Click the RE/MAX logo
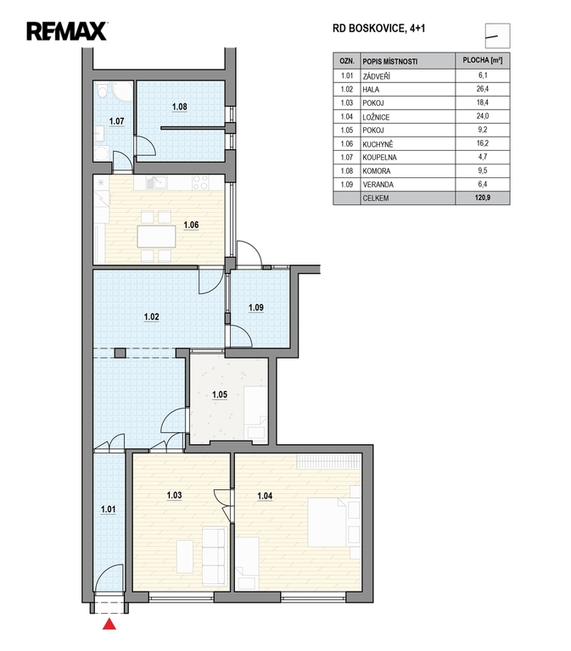coord(67,31)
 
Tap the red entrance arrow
coord(109,624)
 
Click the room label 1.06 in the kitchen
coord(191,225)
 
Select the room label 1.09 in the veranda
coord(256,308)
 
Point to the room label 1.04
coord(265,496)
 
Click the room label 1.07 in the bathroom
coord(117,121)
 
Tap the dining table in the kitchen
coord(156,236)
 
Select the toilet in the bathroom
coord(102,90)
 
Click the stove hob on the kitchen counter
coord(201,182)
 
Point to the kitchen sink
coord(156,182)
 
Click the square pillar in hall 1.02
coord(120,353)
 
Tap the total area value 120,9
coord(483,198)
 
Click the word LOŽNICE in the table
coord(376,117)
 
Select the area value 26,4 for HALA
coord(483,89)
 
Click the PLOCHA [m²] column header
coord(483,61)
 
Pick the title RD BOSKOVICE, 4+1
coord(379,28)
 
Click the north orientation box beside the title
coord(497,36)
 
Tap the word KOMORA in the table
coord(376,170)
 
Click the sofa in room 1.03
coord(215,554)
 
